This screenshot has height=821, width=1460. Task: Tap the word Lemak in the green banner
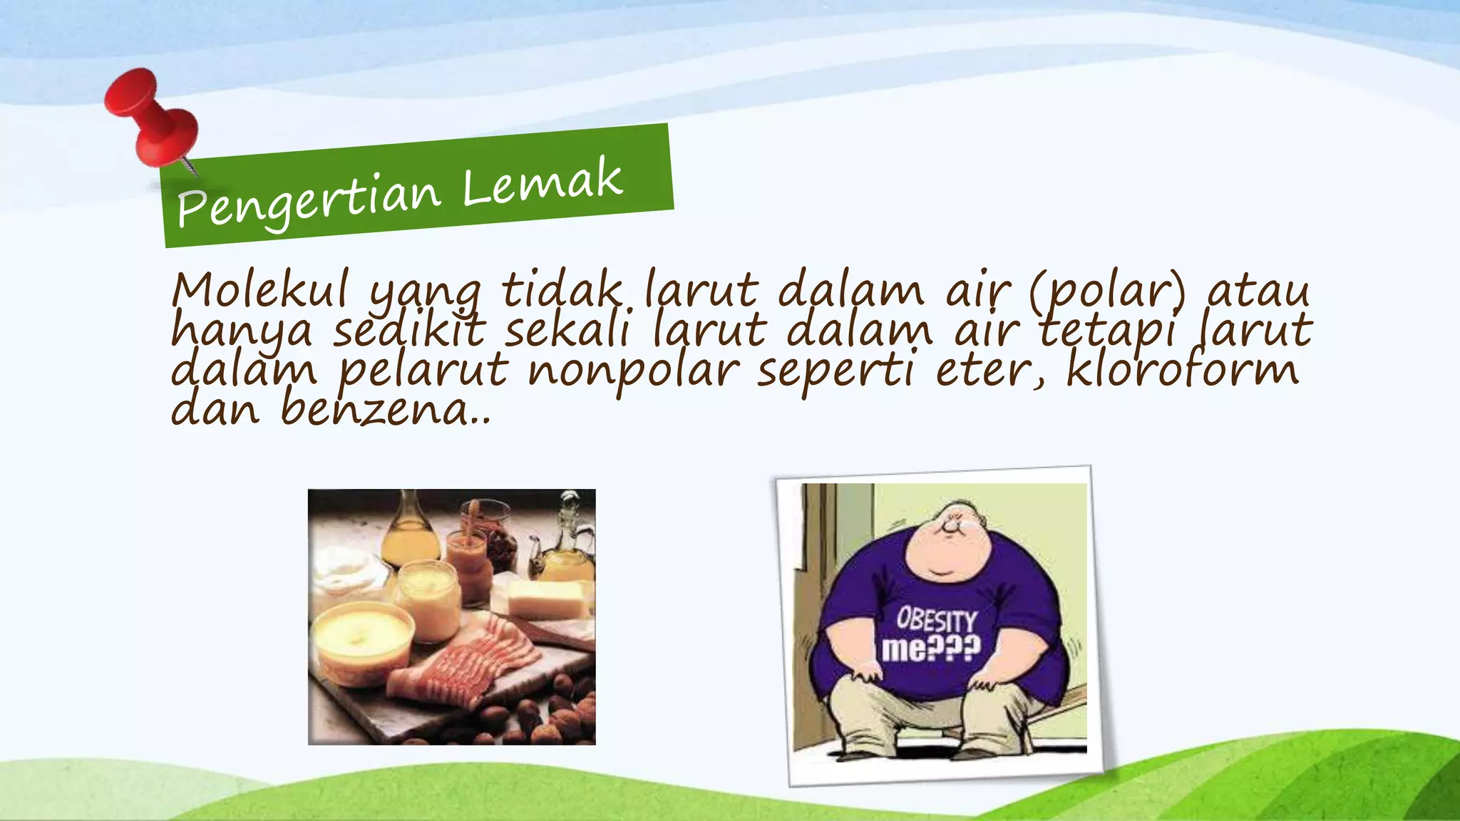tap(542, 182)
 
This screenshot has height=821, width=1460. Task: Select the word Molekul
tap(260, 290)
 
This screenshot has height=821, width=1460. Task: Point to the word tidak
tap(561, 290)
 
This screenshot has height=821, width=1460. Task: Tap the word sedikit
tap(409, 331)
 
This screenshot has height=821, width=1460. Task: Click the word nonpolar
tap(633, 371)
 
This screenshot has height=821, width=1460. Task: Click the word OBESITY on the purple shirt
tap(936, 619)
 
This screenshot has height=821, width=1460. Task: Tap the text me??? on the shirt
tap(931, 649)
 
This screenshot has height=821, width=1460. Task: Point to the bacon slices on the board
tap(471, 663)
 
